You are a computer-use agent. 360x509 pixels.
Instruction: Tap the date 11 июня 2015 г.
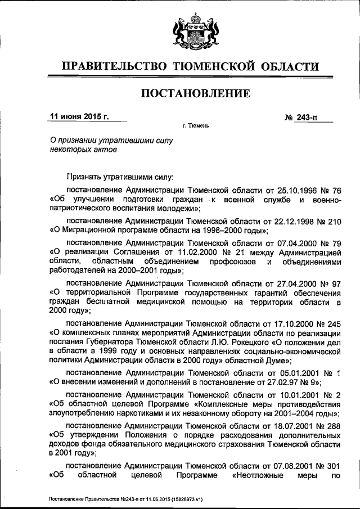click(79, 117)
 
